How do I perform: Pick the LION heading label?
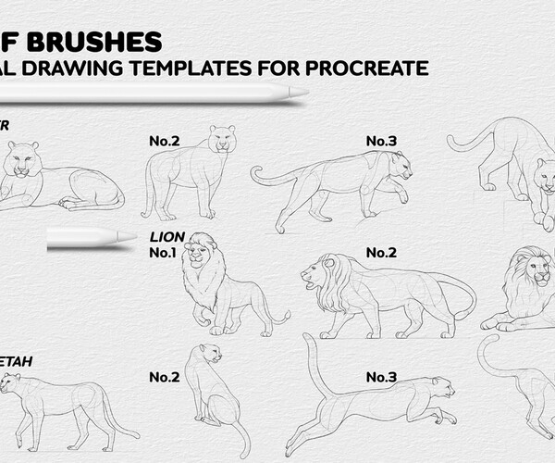pos(167,237)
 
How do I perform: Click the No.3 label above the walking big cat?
pos(381,141)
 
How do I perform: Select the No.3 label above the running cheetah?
pos(381,377)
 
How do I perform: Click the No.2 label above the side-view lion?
pos(381,252)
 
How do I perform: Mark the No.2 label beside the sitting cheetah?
pos(164,377)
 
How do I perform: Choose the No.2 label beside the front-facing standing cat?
pos(164,142)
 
